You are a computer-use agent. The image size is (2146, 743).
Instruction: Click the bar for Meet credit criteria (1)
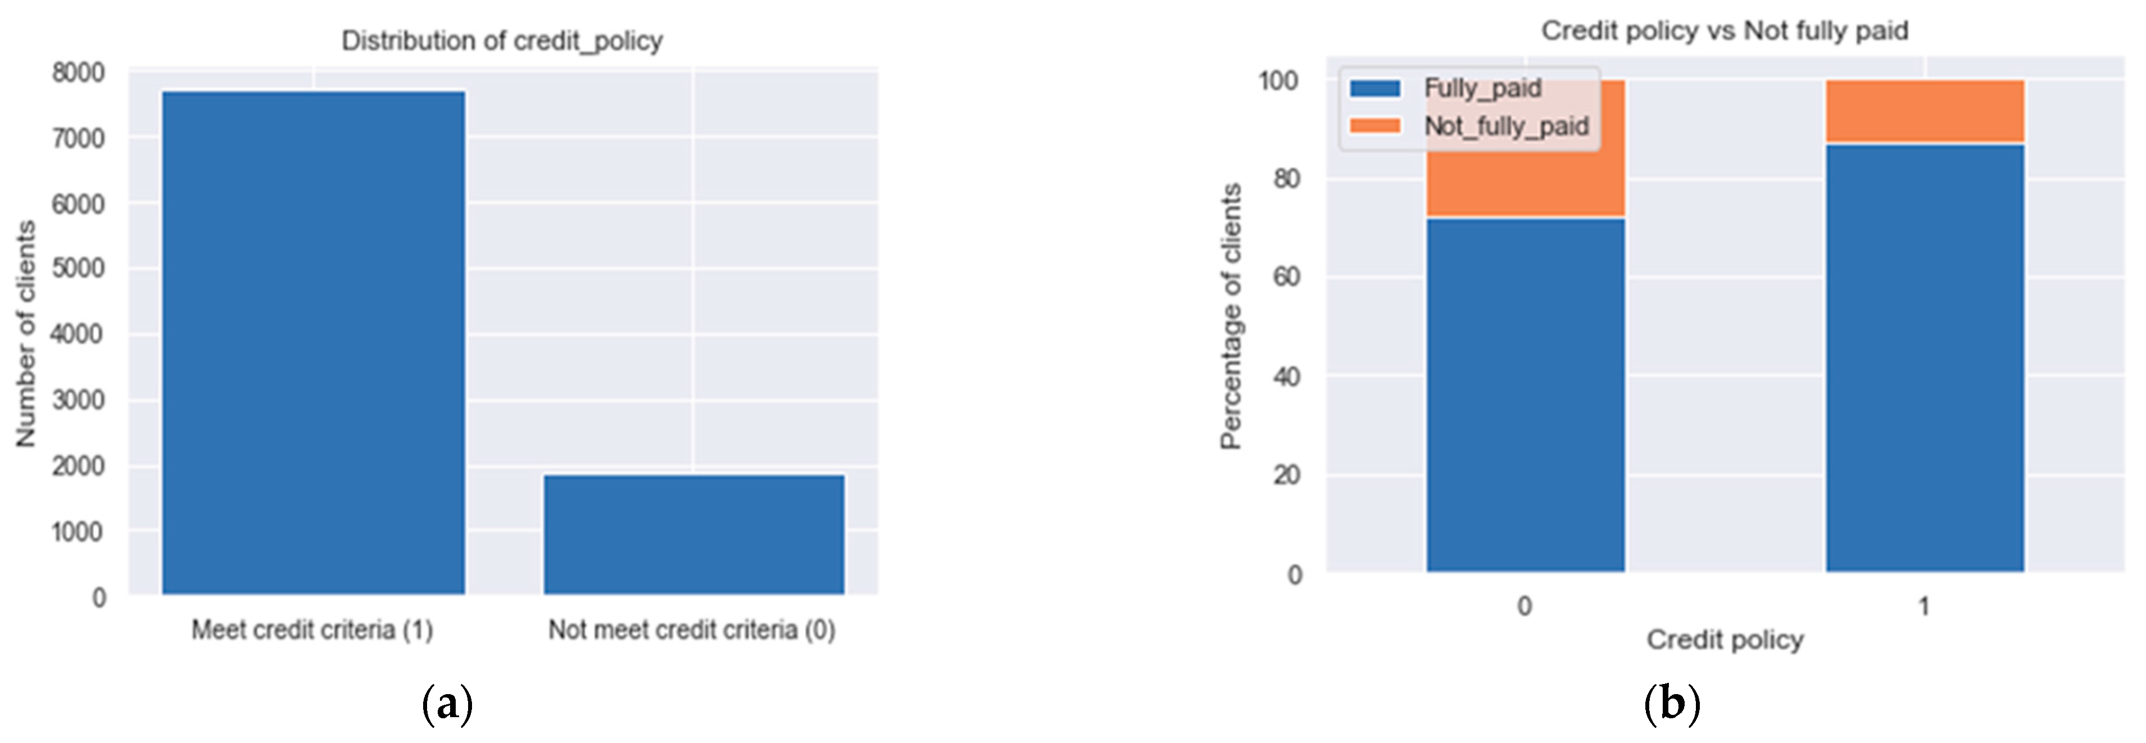pos(313,342)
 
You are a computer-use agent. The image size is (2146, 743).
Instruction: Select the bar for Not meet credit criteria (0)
pos(694,534)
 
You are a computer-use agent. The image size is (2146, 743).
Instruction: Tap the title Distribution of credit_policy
pos(502,41)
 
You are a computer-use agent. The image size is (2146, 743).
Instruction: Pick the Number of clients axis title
pos(26,333)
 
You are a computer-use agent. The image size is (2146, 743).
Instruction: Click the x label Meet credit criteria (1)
pos(312,629)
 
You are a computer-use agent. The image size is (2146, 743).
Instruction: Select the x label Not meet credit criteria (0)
pos(692,629)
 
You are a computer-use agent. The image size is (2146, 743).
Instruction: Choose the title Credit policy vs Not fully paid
pos(1725,31)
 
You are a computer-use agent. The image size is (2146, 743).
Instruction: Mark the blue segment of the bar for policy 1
pos(1925,358)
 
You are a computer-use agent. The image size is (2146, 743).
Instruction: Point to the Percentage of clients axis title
pos(1231,316)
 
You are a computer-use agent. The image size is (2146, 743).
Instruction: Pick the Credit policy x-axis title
pos(1725,640)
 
